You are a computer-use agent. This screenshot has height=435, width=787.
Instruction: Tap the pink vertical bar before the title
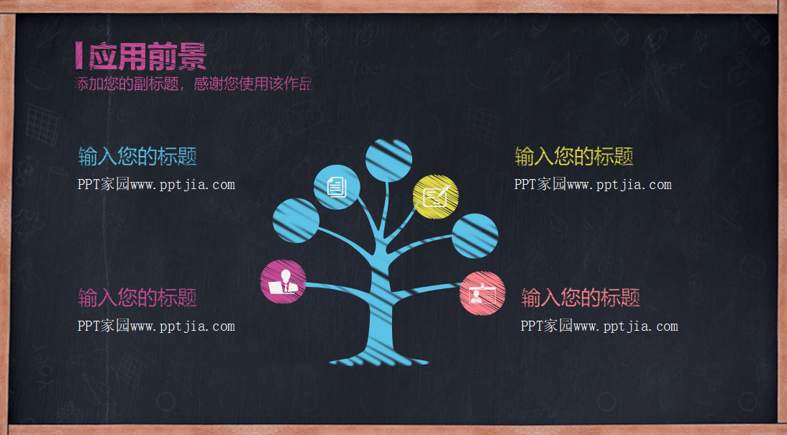click(x=78, y=56)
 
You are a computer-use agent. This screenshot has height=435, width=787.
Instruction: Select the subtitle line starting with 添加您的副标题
click(x=194, y=84)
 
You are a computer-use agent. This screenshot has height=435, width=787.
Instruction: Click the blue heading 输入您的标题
click(x=137, y=156)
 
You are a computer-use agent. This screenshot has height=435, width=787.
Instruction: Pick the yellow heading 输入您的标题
click(x=574, y=156)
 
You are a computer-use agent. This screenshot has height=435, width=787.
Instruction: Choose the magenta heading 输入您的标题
click(x=137, y=297)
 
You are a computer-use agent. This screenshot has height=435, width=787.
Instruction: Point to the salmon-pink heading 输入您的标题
click(x=581, y=297)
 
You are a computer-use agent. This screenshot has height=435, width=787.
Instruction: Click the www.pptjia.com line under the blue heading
click(x=156, y=185)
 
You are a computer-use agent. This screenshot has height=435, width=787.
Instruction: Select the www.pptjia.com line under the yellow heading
click(x=593, y=185)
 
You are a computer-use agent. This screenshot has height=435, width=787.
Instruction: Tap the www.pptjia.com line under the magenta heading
click(x=156, y=326)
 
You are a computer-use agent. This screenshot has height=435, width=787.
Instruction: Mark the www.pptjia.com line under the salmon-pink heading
click(x=599, y=326)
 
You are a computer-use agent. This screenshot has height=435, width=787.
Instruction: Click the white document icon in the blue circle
click(x=337, y=187)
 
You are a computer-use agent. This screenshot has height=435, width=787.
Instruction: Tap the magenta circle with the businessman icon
click(x=283, y=282)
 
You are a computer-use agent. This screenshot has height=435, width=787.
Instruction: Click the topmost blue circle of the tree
click(x=388, y=160)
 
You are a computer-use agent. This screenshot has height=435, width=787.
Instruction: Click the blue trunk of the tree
click(x=381, y=302)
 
